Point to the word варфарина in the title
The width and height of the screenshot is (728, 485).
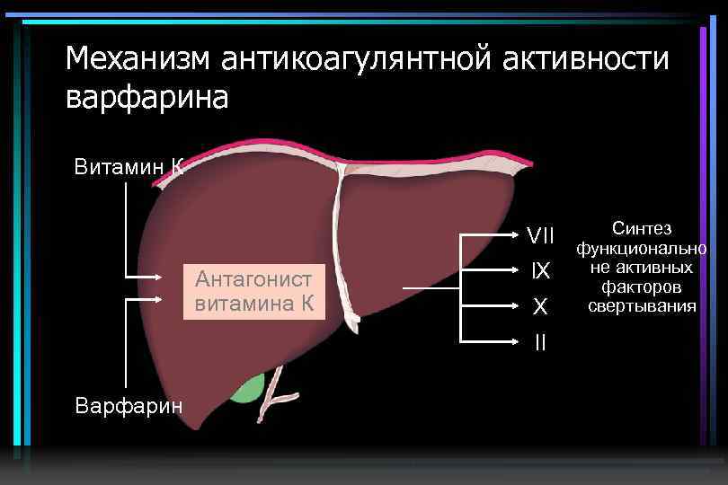[147, 97]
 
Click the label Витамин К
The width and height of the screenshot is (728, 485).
[129, 166]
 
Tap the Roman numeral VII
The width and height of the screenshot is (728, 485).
[540, 236]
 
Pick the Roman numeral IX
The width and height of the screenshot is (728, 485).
[540, 270]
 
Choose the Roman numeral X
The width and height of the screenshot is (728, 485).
[540, 307]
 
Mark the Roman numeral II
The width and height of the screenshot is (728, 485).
[540, 342]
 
